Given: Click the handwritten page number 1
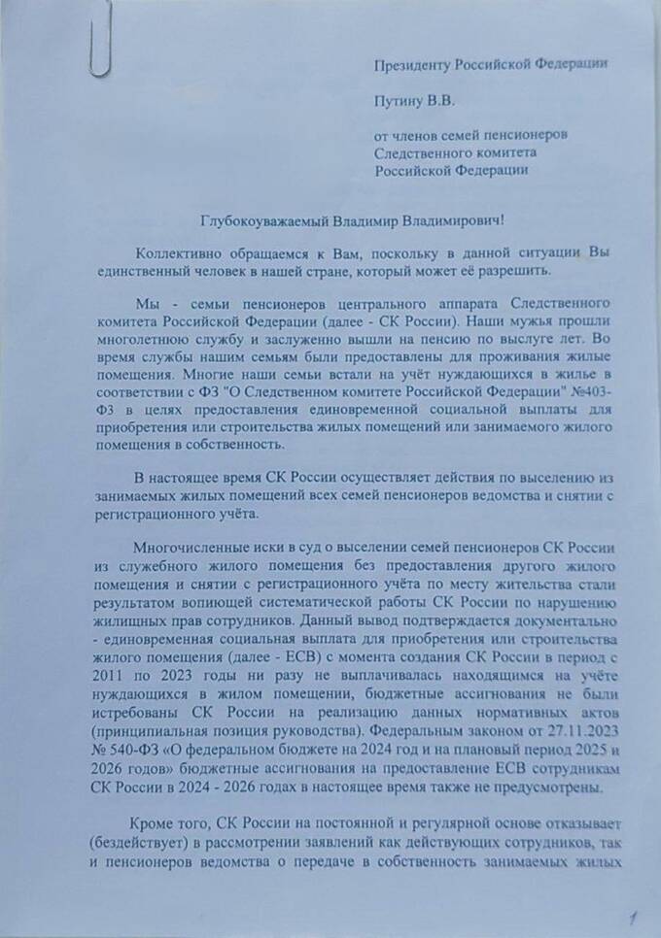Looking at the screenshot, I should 633,915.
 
